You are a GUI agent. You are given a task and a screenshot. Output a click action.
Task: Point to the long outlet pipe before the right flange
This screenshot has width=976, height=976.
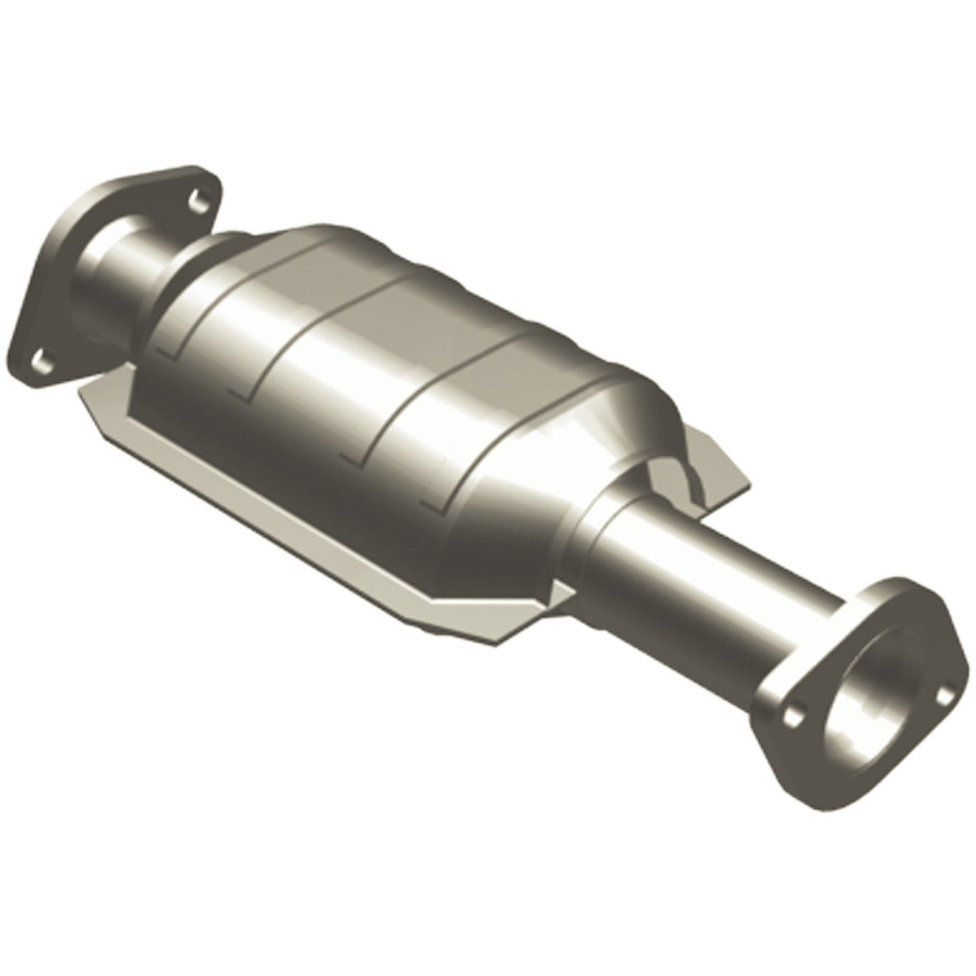pyautogui.click(x=729, y=621)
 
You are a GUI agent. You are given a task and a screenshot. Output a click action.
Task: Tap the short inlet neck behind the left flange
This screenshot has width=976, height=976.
pyautogui.click(x=135, y=270)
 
